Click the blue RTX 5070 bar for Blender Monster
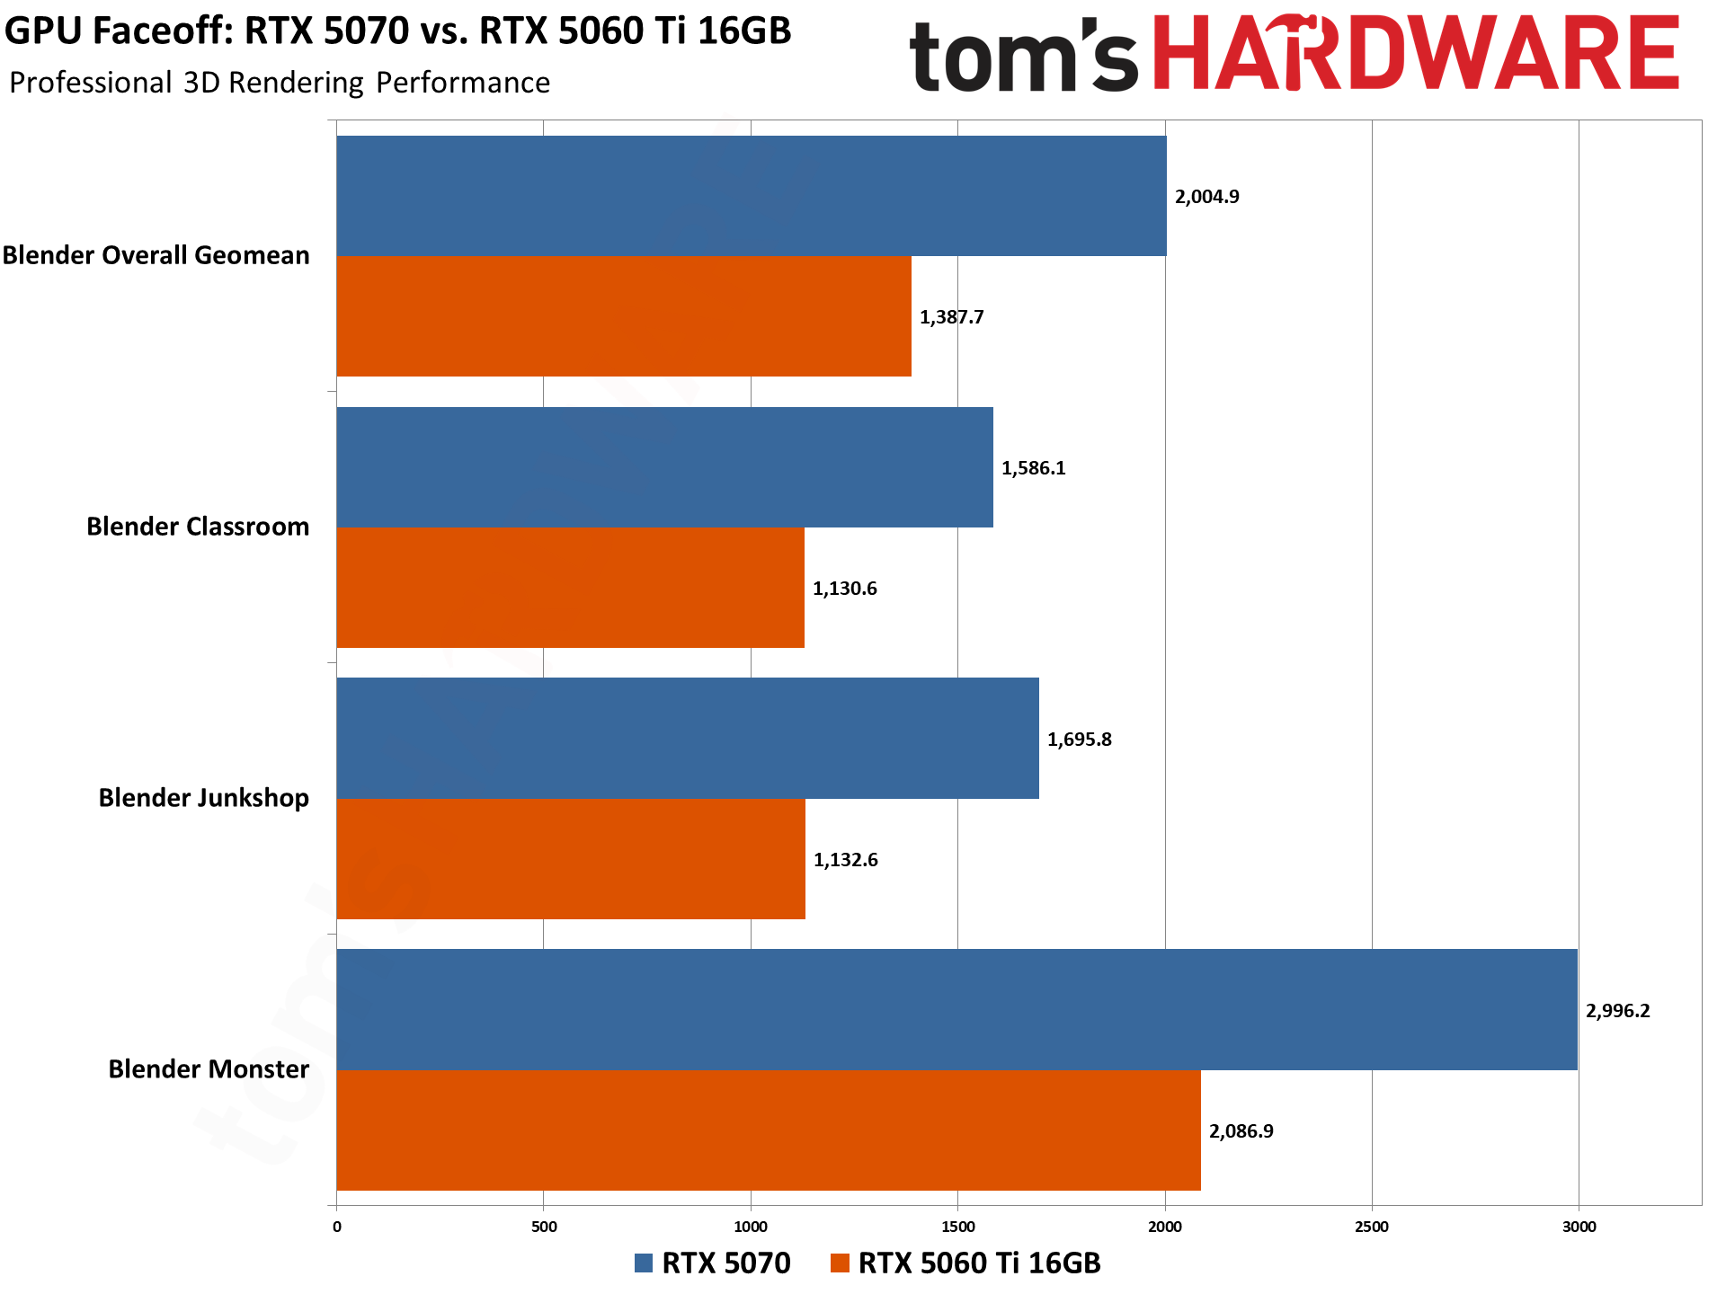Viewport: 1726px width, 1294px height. (956, 1009)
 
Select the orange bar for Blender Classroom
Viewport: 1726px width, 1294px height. (570, 588)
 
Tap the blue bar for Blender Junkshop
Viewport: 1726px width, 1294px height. (688, 738)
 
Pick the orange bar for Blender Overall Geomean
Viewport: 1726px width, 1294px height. (624, 316)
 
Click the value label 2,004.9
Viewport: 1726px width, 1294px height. (1206, 197)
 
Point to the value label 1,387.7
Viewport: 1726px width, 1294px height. (951, 317)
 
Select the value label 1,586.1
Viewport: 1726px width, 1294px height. (1033, 468)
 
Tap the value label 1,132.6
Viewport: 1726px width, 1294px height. (845, 860)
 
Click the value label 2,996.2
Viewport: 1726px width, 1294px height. (1617, 1011)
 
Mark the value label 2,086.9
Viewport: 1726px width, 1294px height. (1241, 1131)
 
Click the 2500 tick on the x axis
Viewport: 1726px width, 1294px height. (1372, 1228)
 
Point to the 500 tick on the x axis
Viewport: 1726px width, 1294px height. (544, 1228)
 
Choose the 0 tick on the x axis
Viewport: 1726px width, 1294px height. (337, 1228)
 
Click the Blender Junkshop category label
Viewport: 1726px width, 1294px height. (203, 798)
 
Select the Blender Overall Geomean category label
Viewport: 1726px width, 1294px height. (156, 255)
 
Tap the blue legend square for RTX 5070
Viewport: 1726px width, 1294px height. (644, 1263)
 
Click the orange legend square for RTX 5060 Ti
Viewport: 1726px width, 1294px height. (840, 1263)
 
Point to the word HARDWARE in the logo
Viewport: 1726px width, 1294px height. (1416, 54)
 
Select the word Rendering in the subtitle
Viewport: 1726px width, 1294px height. (296, 83)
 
